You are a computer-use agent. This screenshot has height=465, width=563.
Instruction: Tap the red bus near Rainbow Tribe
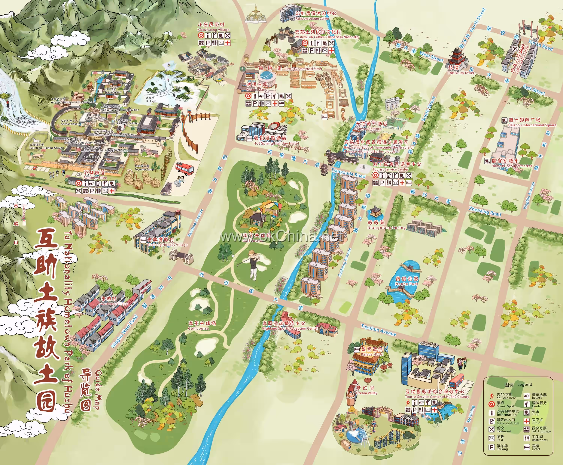coord(184,169)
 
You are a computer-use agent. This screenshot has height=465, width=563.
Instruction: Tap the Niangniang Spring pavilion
coord(375,212)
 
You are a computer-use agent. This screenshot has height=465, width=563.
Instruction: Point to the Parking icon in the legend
coord(491,447)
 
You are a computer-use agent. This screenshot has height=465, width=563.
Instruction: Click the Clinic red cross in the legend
coord(527,421)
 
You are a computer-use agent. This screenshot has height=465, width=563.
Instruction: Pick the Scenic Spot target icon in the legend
coord(491,404)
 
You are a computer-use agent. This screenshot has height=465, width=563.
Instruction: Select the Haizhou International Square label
coord(528,122)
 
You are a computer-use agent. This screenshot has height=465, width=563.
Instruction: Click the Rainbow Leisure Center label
coord(312,16)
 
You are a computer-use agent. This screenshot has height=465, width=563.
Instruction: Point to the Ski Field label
coord(151,99)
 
